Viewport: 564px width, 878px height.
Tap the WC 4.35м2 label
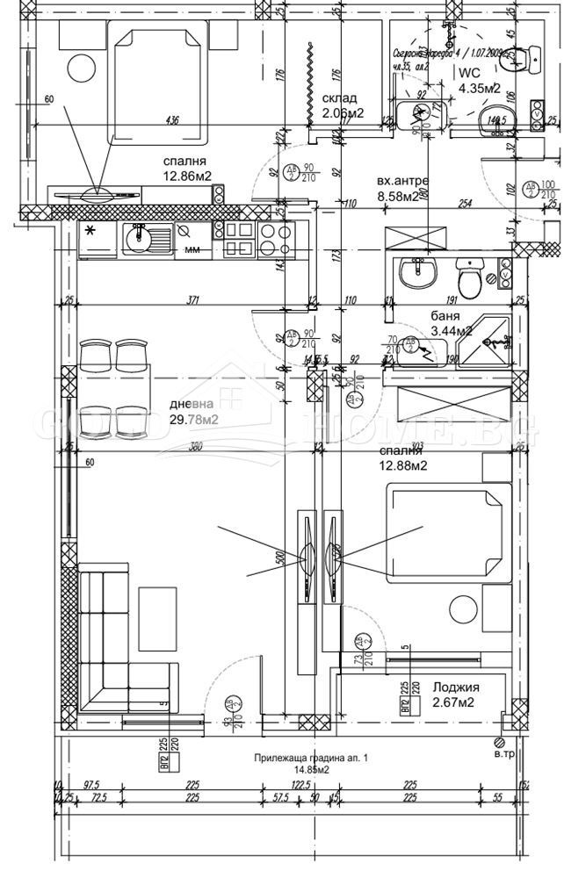pos(479,81)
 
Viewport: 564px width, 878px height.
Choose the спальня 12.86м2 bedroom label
pos(184,169)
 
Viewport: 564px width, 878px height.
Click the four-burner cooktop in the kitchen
pos(276,239)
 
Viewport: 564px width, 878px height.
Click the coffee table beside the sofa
pos(160,619)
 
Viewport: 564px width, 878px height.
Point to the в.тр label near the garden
pos(504,753)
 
